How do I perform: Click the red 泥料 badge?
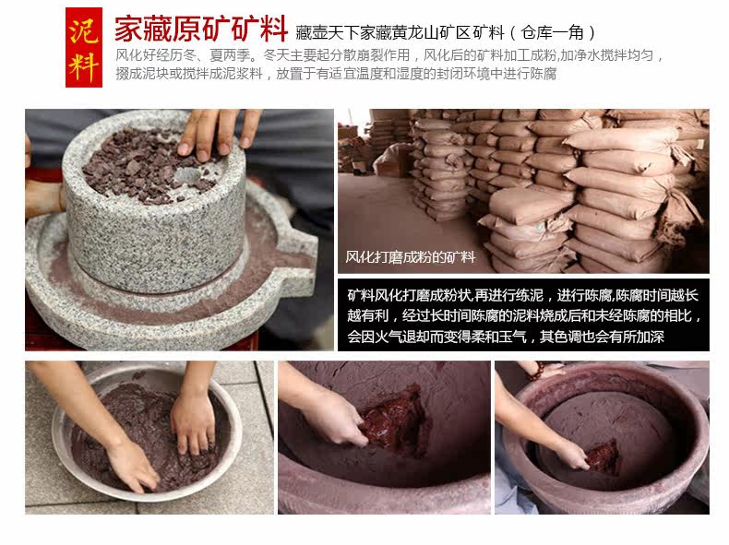pyautogui.click(x=84, y=47)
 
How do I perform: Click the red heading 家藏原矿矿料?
pyautogui.click(x=201, y=29)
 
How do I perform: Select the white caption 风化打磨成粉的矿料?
pyautogui.click(x=410, y=257)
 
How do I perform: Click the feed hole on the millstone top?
pyautogui.click(x=187, y=174)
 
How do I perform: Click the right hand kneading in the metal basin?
pyautogui.click(x=193, y=422)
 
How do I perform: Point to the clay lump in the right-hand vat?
pyautogui.click(x=603, y=456)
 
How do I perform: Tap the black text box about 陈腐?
pyautogui.click(x=523, y=315)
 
